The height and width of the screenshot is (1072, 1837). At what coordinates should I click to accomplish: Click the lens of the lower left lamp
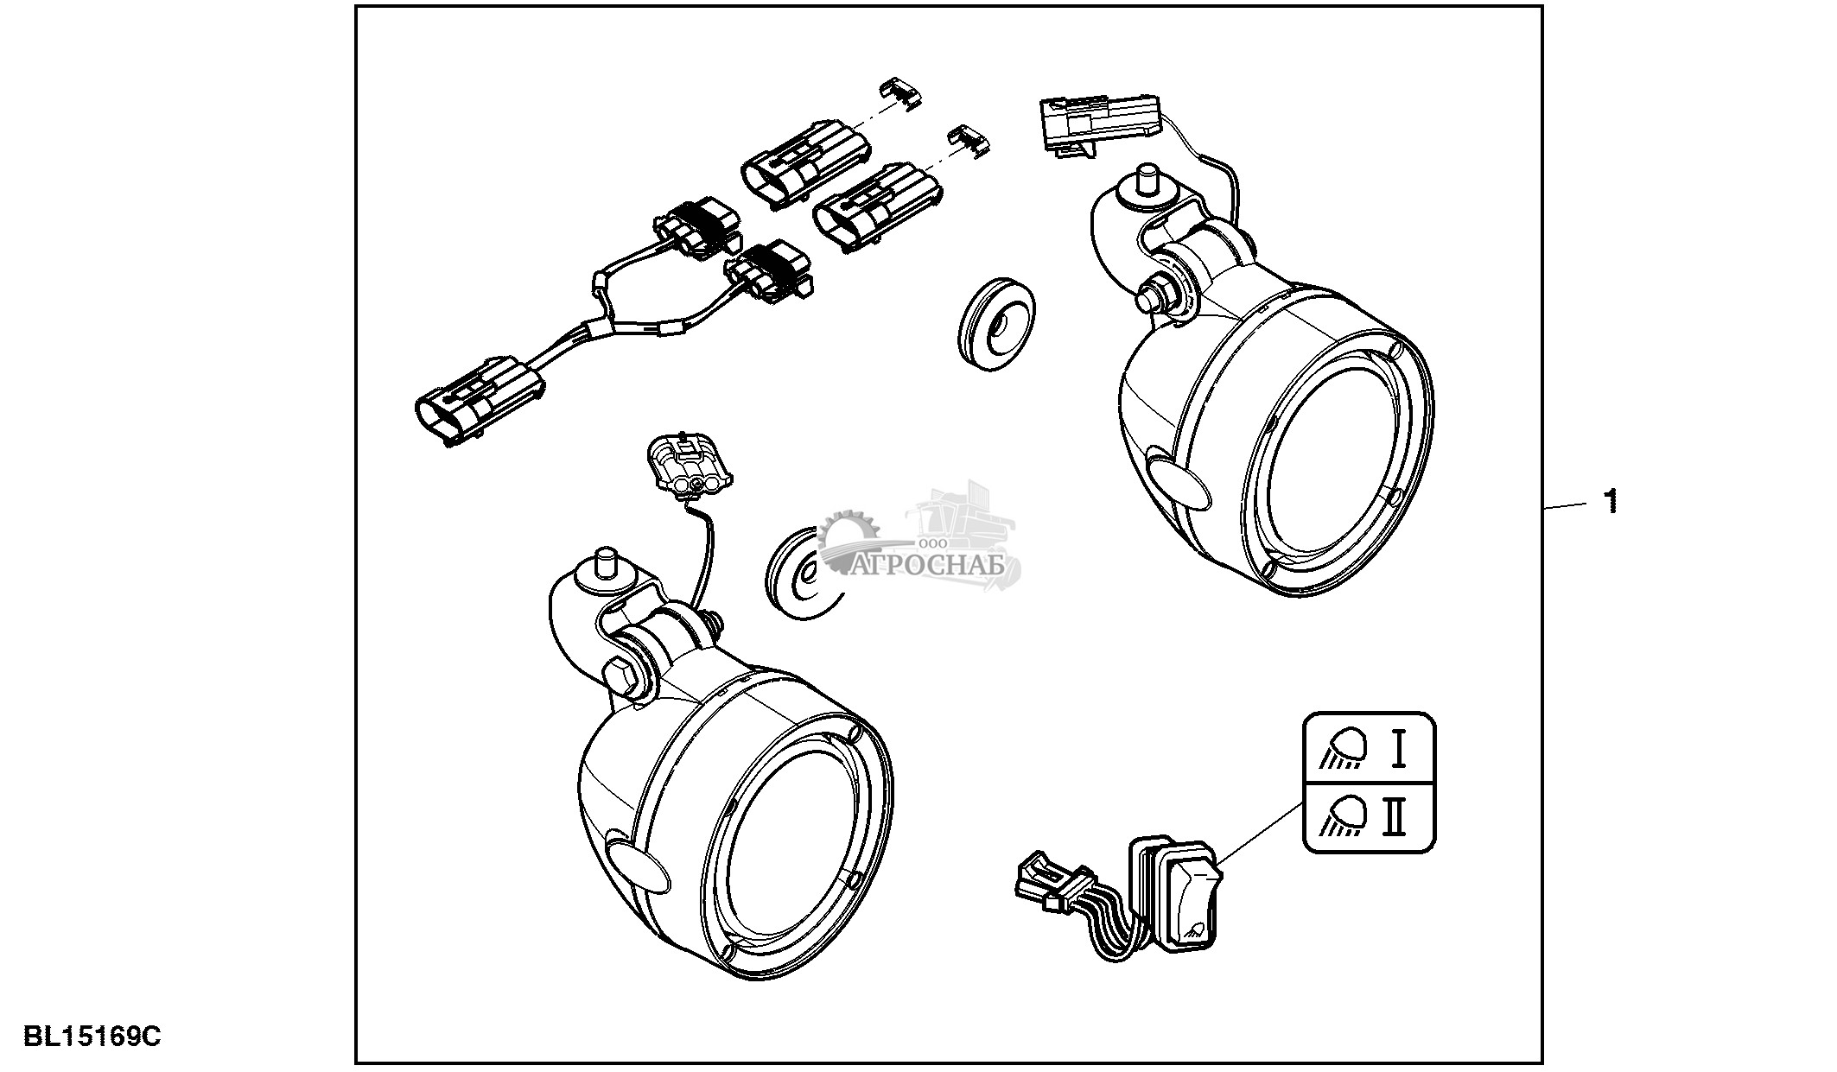click(790, 863)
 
